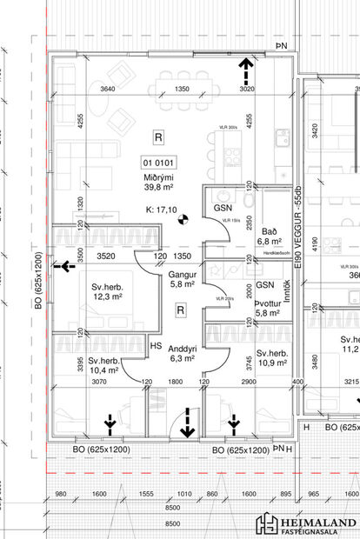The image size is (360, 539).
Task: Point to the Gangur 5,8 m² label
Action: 182,279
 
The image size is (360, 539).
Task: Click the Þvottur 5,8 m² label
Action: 265,307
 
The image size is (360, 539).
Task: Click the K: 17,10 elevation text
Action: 162,210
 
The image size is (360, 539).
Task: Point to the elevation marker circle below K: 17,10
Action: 183,222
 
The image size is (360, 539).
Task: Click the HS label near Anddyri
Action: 157,346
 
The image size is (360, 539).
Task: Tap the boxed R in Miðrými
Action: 157,136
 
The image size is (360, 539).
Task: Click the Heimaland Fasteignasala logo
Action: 305,524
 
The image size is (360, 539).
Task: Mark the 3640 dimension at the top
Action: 108,90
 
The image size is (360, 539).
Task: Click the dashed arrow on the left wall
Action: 63,267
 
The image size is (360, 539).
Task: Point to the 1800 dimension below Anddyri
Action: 175,381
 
